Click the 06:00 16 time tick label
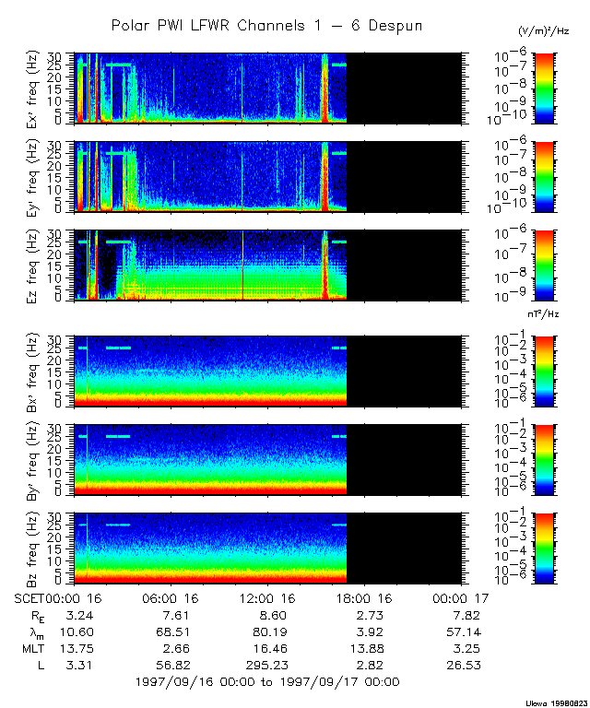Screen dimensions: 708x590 click(x=167, y=597)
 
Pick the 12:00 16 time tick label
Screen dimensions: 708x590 click(x=265, y=597)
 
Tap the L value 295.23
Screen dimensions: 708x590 click(x=265, y=664)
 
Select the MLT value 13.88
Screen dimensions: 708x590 click(x=362, y=647)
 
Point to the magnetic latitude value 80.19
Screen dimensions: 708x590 click(x=265, y=631)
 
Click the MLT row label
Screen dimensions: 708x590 click(x=34, y=647)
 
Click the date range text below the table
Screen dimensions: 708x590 click(x=266, y=682)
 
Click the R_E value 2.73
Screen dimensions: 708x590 click(x=362, y=614)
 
